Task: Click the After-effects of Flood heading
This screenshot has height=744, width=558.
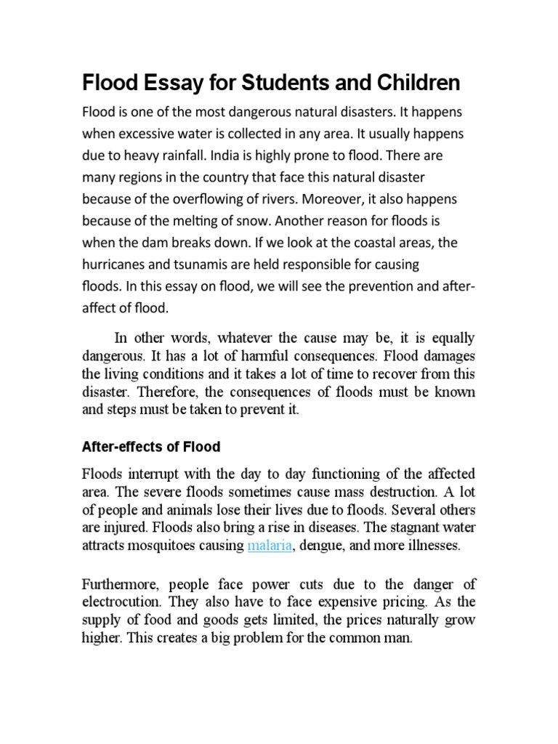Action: (x=151, y=446)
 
